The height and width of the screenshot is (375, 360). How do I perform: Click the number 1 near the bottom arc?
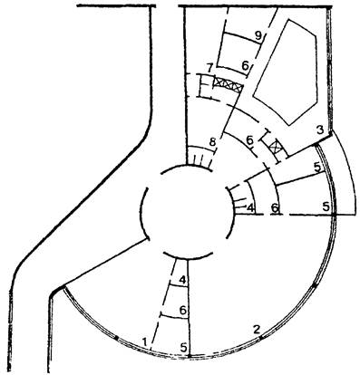click(x=145, y=341)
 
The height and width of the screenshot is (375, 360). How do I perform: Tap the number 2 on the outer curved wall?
click(x=257, y=329)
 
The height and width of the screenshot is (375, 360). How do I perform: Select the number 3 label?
click(x=319, y=130)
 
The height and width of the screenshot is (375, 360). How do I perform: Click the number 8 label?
click(x=213, y=142)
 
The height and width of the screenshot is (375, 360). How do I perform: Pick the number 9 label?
click(x=258, y=36)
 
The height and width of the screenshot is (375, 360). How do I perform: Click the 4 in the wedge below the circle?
click(x=182, y=280)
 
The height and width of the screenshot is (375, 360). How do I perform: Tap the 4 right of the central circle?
click(x=250, y=207)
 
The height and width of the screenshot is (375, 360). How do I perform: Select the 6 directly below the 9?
click(x=245, y=65)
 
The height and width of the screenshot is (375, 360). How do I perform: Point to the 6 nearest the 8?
click(x=249, y=140)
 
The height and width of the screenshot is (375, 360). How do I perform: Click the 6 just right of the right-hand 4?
click(x=275, y=207)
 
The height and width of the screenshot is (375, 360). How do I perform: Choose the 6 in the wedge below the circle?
click(x=182, y=310)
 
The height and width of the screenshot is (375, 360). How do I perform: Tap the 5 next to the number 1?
click(x=184, y=348)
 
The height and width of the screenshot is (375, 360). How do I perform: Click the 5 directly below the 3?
click(x=317, y=167)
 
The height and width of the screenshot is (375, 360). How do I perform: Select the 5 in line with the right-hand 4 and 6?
click(x=326, y=207)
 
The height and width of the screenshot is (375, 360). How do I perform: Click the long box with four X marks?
click(x=228, y=84)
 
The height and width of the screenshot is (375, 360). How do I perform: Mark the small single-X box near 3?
click(x=276, y=148)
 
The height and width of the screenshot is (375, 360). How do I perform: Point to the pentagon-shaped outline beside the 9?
click(x=286, y=72)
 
